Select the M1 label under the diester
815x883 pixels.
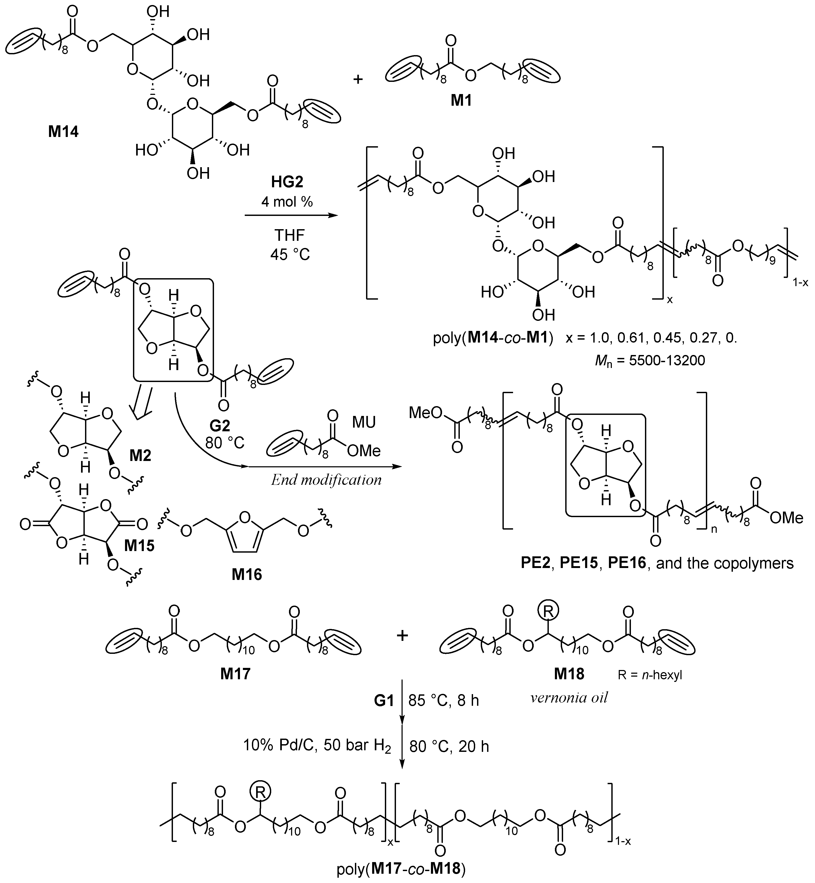pyautogui.click(x=461, y=101)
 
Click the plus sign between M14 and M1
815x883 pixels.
pyautogui.click(x=358, y=79)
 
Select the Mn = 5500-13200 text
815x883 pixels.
pyautogui.click(x=650, y=360)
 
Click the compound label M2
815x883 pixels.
pyautogui.click(x=140, y=455)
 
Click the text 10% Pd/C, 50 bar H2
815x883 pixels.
pyautogui.click(x=317, y=746)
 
